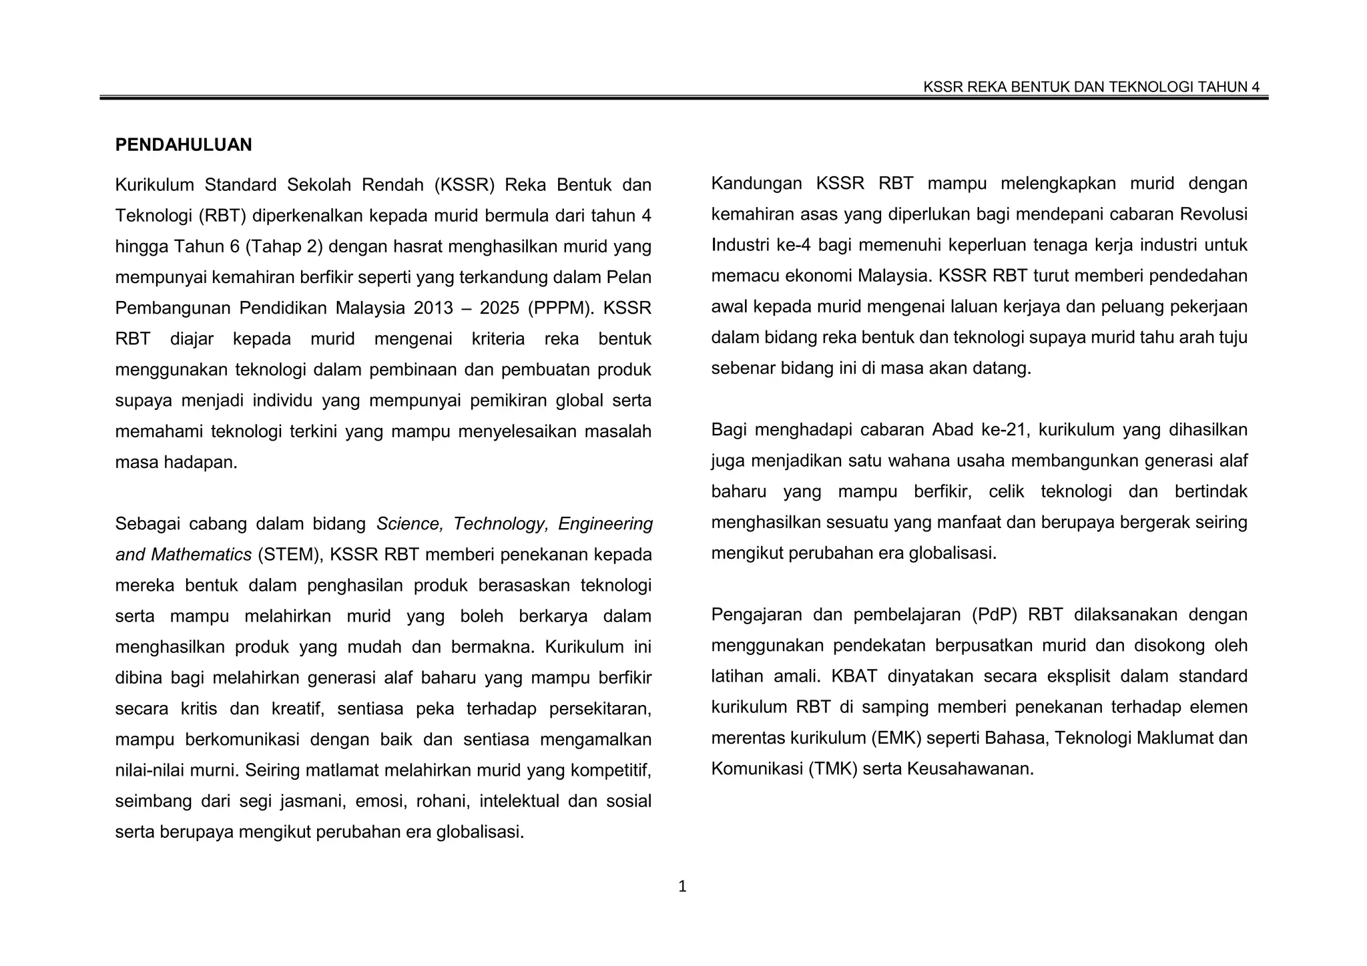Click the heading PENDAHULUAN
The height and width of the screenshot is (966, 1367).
pos(184,145)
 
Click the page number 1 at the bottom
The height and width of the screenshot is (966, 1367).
pos(682,887)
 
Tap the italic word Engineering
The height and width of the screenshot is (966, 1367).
pos(605,524)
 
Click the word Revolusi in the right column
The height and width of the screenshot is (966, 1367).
pos(1213,214)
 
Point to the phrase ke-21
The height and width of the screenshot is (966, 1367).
pos(1003,430)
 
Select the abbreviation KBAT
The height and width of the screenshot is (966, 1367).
pos(854,676)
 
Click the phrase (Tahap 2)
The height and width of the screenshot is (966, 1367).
pos(284,246)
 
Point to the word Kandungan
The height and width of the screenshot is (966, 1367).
pos(756,184)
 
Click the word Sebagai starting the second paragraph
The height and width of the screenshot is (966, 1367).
pos(147,524)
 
